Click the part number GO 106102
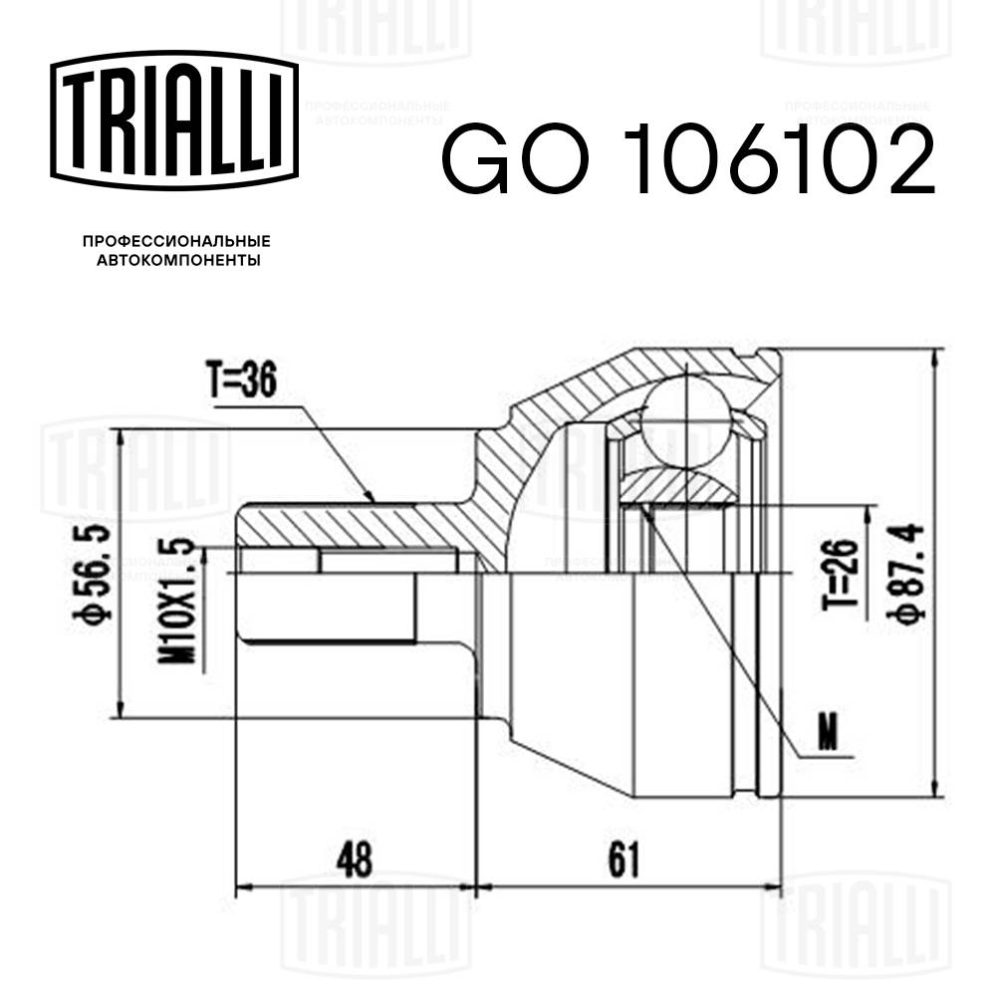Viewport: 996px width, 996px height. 687,162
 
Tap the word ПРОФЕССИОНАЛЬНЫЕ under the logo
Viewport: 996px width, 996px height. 176,242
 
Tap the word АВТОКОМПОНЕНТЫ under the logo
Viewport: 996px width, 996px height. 176,261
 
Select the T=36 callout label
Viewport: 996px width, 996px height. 240,383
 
